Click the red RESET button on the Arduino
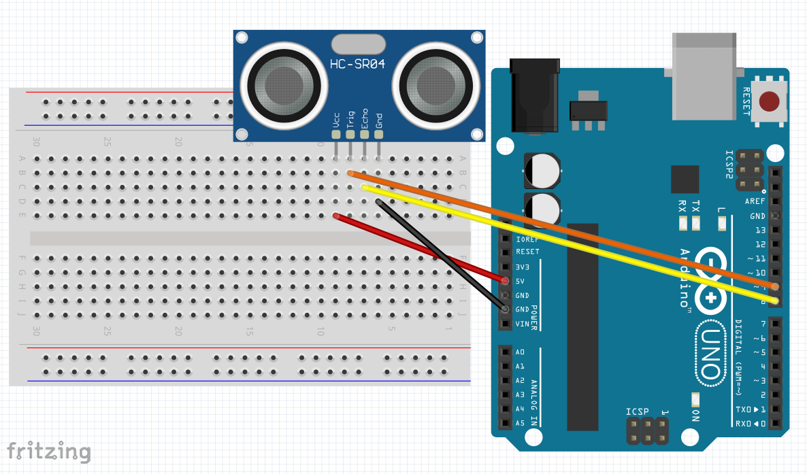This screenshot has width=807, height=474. pos(770,102)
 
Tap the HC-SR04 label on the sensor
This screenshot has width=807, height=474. pos(358,64)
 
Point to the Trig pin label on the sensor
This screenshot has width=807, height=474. pos(350,119)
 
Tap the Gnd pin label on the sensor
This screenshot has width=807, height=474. pos(379,120)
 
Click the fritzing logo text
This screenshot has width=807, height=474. pos(48,452)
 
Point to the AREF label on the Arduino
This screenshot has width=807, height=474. pos(755,201)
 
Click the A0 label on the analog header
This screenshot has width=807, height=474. pos(521,352)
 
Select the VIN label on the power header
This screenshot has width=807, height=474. pos(523,324)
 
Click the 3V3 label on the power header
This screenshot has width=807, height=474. pos(523,267)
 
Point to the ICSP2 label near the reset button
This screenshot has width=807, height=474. pos(729,165)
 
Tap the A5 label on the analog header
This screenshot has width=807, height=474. pos(521,423)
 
